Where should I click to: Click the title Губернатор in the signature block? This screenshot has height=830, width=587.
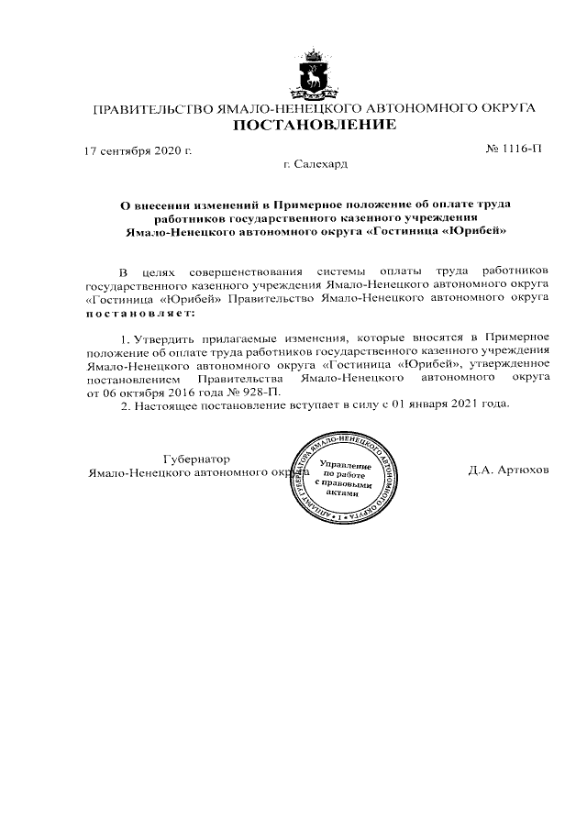[197, 459]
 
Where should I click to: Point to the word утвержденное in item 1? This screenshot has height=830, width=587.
[508, 364]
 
